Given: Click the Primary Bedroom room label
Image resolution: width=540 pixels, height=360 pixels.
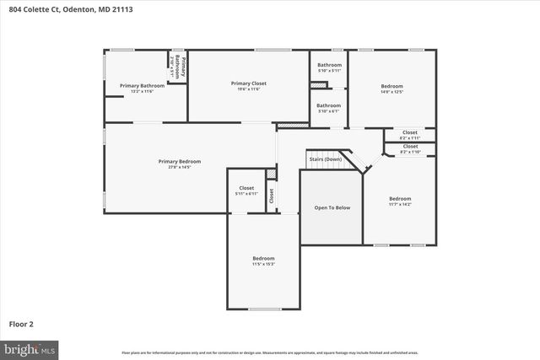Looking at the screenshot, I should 180,161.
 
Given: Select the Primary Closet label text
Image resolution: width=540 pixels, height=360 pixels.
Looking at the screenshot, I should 249,83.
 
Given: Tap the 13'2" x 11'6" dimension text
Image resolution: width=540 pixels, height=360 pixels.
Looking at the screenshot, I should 141,91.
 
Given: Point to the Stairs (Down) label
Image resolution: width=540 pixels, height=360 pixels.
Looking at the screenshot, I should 325,159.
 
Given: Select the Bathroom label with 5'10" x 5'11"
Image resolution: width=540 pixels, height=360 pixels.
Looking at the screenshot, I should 329,65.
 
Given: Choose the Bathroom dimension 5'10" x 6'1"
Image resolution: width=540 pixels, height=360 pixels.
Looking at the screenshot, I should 329,110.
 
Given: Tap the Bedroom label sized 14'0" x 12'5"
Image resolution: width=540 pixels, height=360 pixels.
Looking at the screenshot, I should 391,86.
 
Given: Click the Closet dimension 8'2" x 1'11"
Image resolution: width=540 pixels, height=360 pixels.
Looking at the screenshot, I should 410,137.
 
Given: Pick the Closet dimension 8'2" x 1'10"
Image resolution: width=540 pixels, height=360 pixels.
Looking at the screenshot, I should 410,152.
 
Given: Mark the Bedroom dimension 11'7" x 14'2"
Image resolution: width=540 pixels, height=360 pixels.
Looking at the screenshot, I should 400,204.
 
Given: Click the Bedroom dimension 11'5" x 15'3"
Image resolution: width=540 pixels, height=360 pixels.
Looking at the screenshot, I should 263,264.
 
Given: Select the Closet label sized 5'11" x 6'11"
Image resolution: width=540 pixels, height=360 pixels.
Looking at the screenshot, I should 246,188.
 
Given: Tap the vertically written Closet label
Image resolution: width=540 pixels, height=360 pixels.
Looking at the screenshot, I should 271,196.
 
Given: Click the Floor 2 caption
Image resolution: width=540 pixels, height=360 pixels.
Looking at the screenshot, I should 22,323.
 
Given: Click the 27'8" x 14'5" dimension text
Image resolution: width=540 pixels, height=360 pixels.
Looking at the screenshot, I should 180,167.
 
